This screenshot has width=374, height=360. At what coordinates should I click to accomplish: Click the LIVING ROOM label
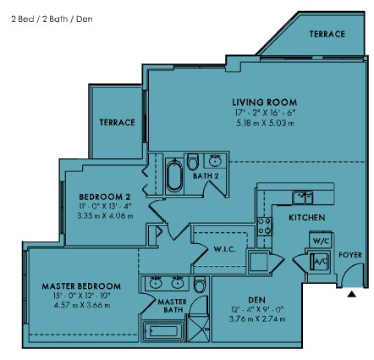[x=265, y=102]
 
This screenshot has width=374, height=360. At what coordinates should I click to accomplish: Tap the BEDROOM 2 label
[x=105, y=197]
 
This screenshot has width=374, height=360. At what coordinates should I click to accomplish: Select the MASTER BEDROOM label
[x=81, y=286]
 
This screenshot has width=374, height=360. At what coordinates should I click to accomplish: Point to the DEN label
[x=256, y=300]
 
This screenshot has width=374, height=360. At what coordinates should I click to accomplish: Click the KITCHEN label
[x=307, y=218]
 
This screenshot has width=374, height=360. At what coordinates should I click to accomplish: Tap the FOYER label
[x=350, y=255]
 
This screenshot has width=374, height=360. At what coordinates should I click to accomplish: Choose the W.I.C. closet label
[x=225, y=249]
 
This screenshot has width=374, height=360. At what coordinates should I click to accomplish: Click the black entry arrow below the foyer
[x=351, y=294]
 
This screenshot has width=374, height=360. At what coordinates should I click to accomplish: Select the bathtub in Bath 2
[x=174, y=176]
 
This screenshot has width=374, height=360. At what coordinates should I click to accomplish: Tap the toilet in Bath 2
[x=193, y=162]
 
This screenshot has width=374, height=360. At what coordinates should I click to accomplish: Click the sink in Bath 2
[x=215, y=160]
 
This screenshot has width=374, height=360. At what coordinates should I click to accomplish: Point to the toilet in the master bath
[x=200, y=285]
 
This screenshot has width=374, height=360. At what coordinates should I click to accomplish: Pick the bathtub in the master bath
[x=163, y=331]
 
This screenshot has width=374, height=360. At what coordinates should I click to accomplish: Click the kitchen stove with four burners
[x=265, y=226]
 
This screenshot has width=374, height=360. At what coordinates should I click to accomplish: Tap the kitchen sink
[x=302, y=197]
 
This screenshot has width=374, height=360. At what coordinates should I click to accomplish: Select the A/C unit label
[x=321, y=261]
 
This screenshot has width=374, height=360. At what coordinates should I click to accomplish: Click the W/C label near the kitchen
[x=321, y=241]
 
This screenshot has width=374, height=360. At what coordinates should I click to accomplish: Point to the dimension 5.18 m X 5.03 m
[x=265, y=123]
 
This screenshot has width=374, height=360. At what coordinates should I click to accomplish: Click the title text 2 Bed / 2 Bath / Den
[x=52, y=19]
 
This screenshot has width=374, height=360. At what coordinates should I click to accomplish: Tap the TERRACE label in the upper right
[x=327, y=34]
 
